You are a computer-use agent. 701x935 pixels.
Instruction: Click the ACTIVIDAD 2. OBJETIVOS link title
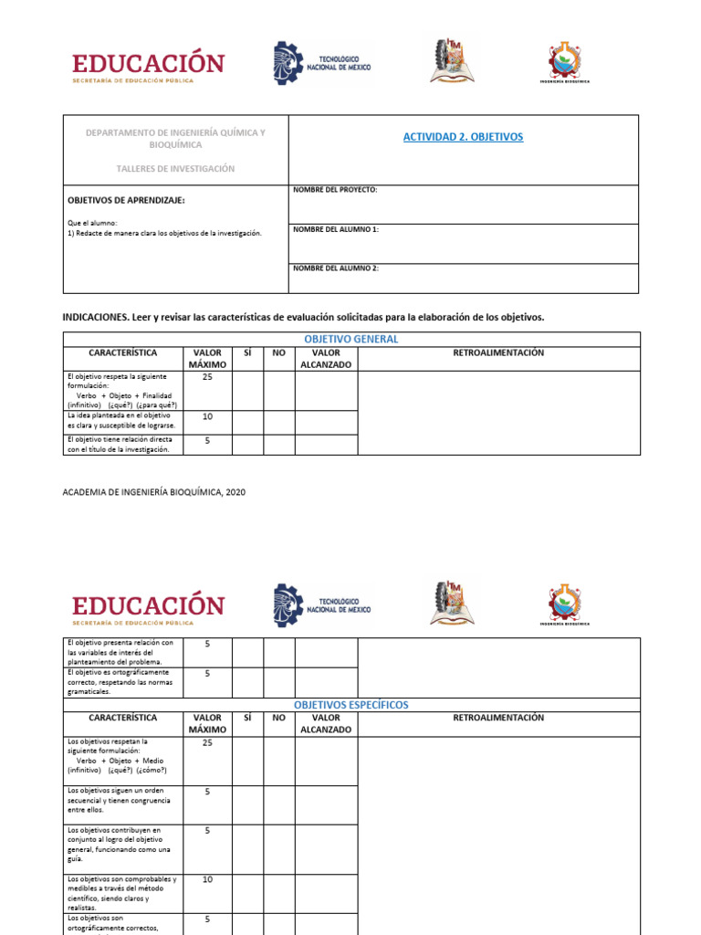point(463,137)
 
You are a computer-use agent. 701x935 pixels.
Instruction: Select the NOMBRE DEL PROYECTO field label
point(335,190)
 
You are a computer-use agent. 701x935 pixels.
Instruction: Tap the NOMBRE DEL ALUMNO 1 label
point(335,229)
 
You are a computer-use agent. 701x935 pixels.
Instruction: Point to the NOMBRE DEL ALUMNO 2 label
point(335,268)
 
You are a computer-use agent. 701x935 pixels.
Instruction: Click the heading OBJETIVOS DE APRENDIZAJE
point(127,200)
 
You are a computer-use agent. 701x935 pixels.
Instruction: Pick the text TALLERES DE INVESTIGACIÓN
point(175,169)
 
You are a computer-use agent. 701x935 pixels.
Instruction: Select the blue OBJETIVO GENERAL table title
point(351,339)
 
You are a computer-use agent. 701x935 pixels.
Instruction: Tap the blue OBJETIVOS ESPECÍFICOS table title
point(351,705)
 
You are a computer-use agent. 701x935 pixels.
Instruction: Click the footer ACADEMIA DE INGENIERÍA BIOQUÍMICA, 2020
point(153,492)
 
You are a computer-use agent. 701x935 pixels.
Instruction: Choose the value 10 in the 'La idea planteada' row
point(207,416)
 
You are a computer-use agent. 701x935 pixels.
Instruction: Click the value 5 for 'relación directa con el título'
point(207,440)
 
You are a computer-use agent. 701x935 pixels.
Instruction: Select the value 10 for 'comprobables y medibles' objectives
point(207,879)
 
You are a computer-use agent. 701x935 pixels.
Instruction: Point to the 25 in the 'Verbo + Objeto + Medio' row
point(207,743)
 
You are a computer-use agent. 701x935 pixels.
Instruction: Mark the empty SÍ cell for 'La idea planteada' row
point(247,422)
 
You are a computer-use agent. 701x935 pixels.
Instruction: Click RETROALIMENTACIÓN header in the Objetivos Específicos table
point(498,718)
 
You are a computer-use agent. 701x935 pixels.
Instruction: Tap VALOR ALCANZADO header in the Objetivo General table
point(326,359)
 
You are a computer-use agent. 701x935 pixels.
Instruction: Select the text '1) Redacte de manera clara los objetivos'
point(164,233)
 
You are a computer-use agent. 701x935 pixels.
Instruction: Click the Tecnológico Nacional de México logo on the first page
point(322,63)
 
